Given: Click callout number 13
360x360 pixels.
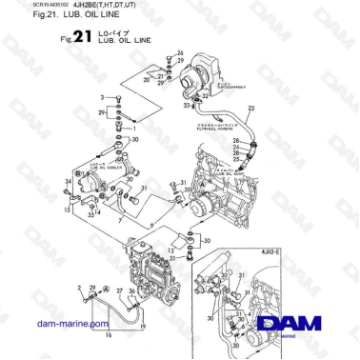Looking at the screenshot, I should tap(171, 249).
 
